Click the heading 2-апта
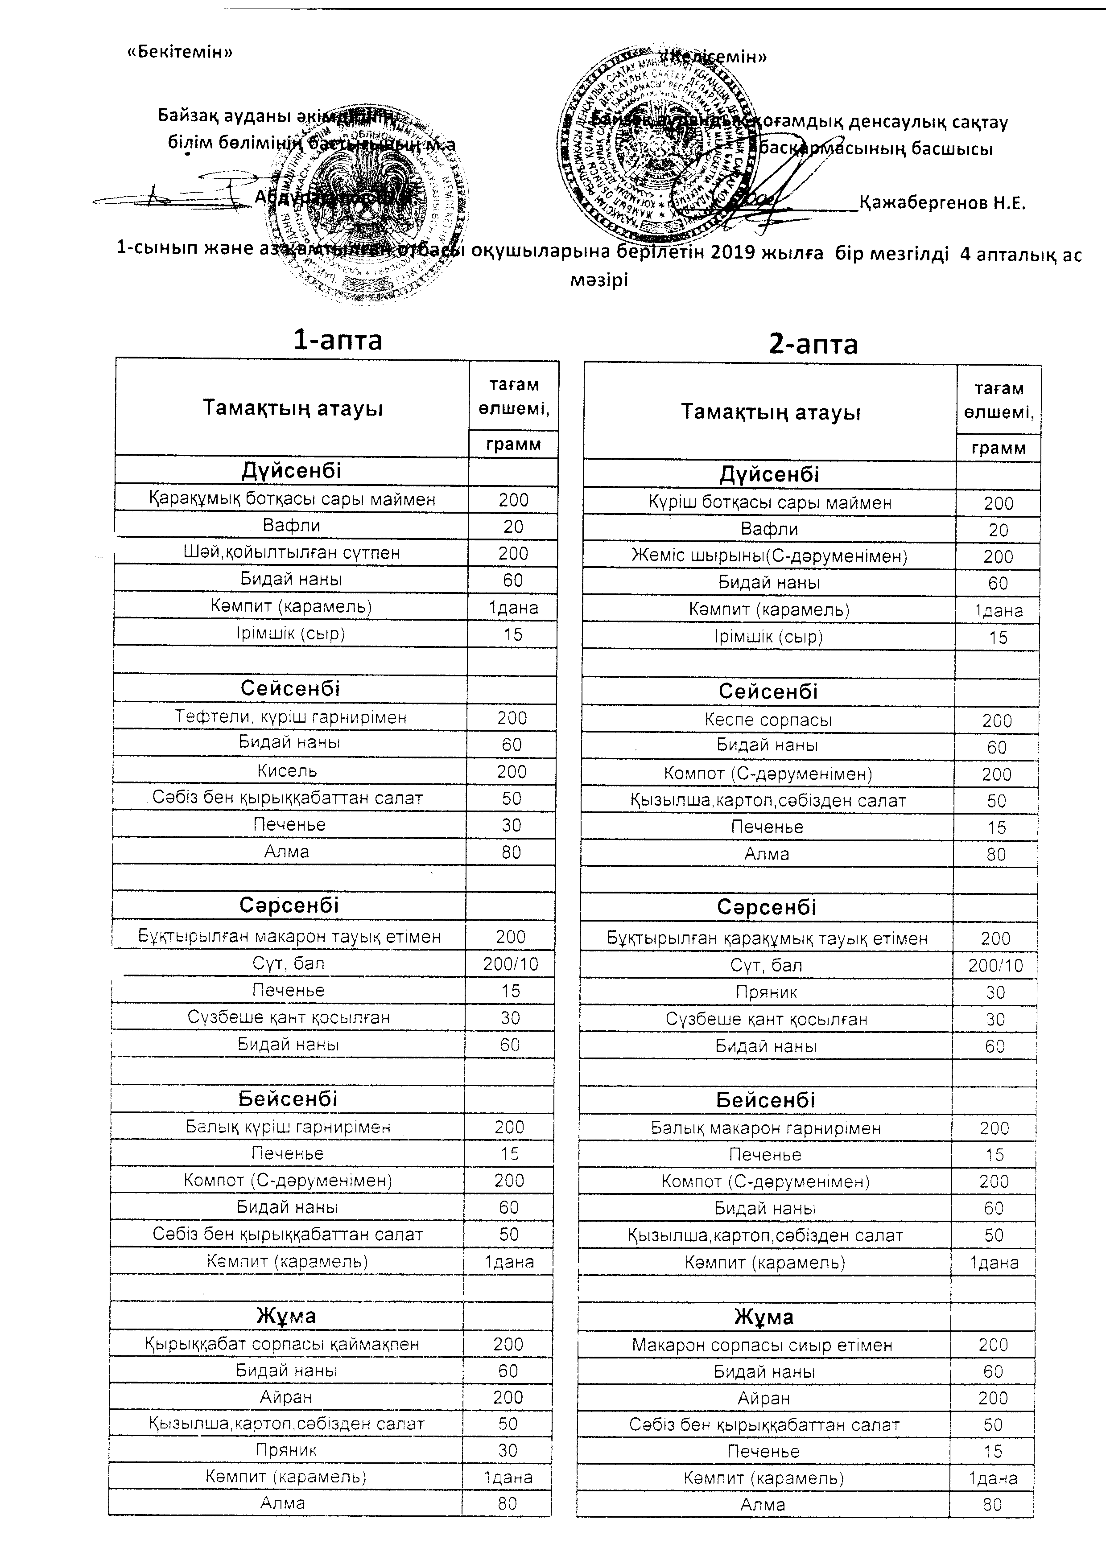(x=813, y=345)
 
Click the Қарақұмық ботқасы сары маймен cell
(x=292, y=499)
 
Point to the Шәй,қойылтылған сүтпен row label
(x=291, y=552)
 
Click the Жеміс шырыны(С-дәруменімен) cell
(x=769, y=556)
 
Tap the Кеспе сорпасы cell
(x=768, y=720)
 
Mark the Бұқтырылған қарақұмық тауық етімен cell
(x=767, y=938)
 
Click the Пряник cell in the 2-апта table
(x=766, y=992)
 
